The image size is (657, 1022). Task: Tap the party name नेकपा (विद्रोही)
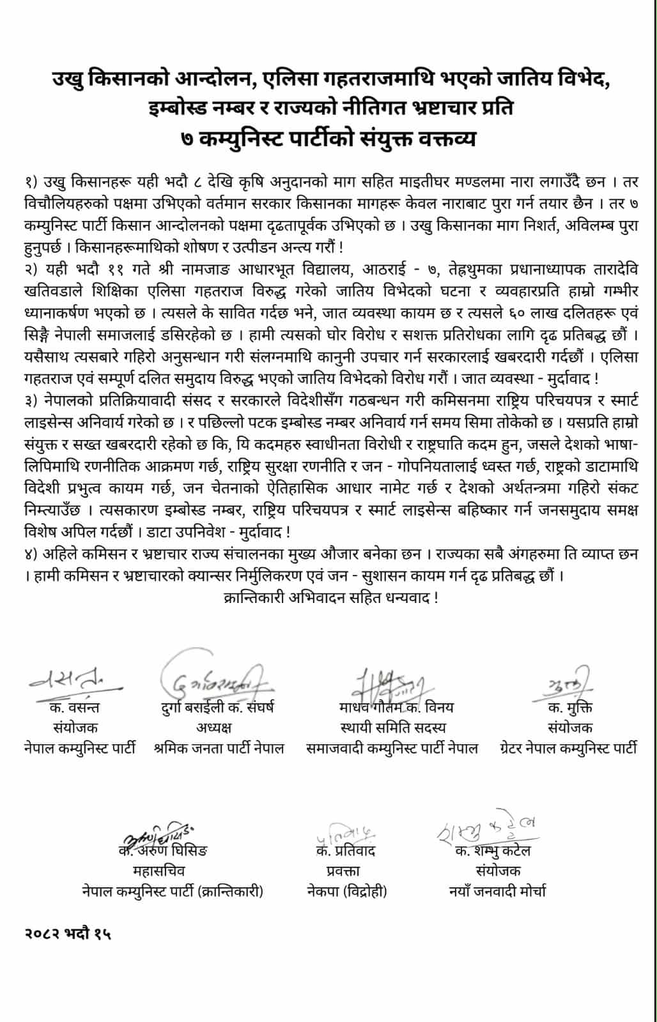[345, 891]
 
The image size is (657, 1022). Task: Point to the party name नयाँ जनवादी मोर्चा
[497, 891]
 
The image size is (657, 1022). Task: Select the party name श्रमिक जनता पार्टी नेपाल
[219, 748]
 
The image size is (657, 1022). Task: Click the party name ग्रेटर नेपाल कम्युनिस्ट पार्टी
[568, 748]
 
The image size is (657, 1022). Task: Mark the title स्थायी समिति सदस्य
[393, 728]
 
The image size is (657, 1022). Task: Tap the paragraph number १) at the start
[27, 183]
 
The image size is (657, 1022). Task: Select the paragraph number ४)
[27, 555]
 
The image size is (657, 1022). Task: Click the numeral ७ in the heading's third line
[188, 138]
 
